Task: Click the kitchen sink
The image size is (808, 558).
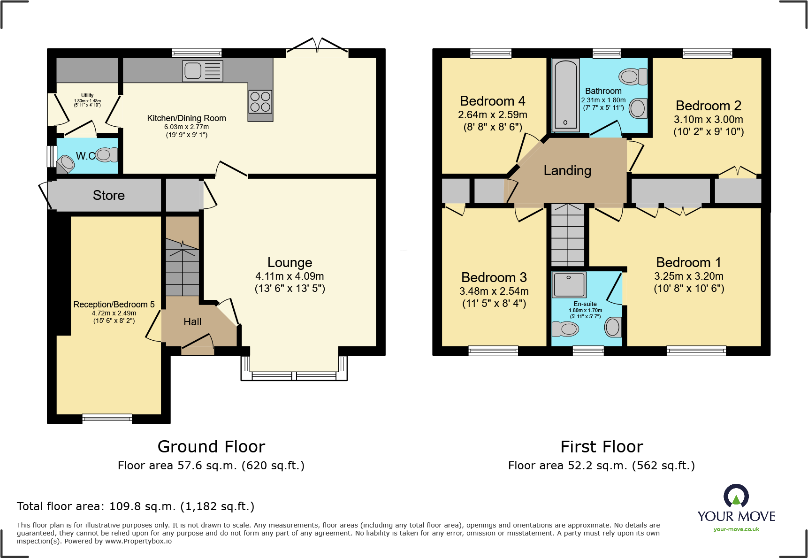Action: (203, 71)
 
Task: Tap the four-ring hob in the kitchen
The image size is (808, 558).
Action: (260, 102)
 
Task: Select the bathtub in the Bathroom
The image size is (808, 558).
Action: (565, 95)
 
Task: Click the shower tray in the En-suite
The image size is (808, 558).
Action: (569, 284)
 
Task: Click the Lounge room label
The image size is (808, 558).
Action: (290, 262)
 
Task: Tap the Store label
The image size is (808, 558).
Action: (109, 195)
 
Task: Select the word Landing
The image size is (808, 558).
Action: (567, 170)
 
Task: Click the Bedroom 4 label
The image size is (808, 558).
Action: (493, 101)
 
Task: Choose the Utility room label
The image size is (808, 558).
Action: (87, 95)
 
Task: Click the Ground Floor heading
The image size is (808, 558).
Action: (211, 446)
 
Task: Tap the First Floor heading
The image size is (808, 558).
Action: (602, 446)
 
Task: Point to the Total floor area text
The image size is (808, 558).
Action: (136, 506)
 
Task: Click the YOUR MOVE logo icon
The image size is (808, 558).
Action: (736, 496)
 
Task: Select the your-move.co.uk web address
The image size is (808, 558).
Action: (736, 529)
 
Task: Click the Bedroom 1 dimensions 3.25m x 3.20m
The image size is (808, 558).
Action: (689, 276)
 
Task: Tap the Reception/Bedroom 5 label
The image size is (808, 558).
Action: (114, 305)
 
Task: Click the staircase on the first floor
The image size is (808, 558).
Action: (568, 235)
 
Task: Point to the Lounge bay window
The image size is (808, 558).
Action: (294, 368)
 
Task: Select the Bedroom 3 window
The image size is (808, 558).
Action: (493, 351)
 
